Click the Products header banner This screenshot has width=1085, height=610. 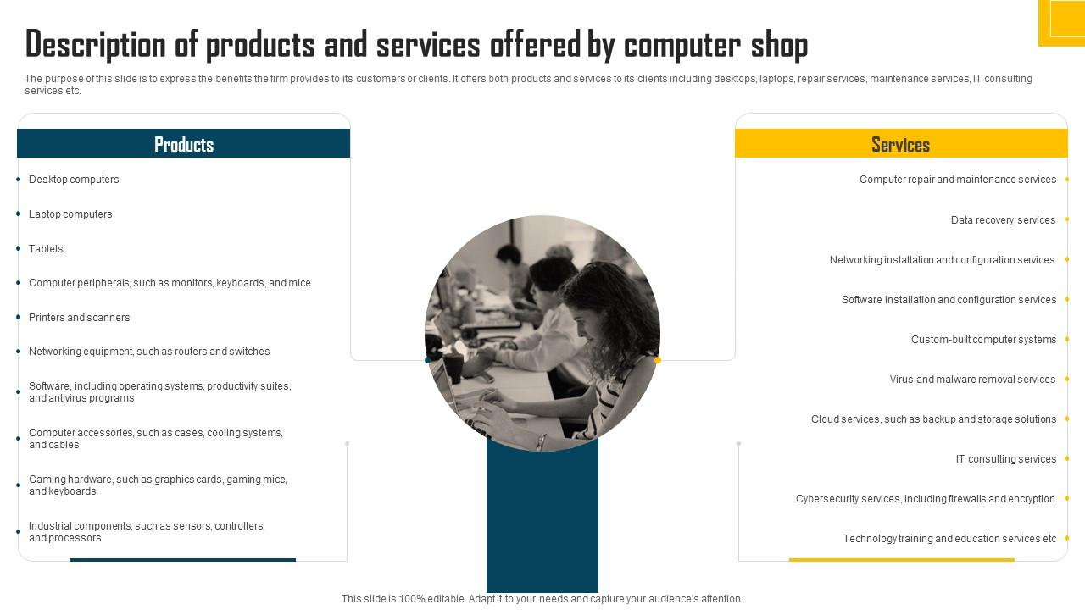(183, 144)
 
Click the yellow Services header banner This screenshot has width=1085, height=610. (900, 144)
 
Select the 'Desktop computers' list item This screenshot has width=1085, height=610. (74, 180)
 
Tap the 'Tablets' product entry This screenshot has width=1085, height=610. (46, 249)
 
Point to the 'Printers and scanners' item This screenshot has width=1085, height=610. (79, 318)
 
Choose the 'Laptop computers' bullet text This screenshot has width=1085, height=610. (70, 214)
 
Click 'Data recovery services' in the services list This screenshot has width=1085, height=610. (1003, 220)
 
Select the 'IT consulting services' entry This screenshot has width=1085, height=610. (1005, 459)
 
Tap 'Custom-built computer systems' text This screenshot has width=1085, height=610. (983, 340)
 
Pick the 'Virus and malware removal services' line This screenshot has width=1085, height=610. (972, 380)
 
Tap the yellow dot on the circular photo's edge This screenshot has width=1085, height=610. (657, 360)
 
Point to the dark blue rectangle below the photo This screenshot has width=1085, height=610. (542, 517)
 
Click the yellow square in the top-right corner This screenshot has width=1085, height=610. (1062, 22)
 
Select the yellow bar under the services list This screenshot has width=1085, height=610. (901, 559)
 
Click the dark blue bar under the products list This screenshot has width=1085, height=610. (182, 559)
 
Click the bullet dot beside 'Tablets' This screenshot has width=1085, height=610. (19, 249)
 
